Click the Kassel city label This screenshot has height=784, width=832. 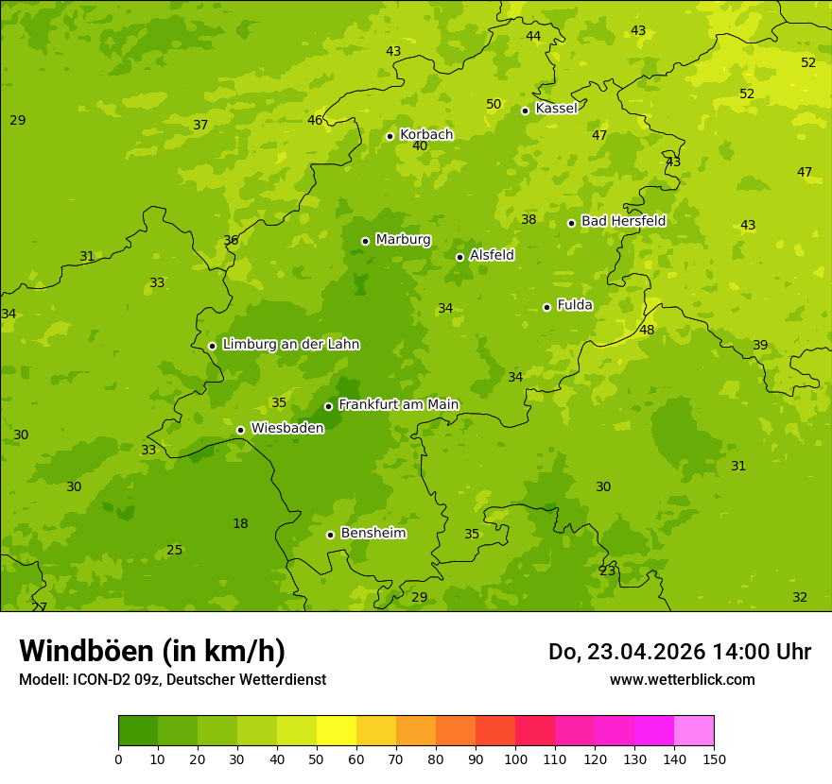pos(556,109)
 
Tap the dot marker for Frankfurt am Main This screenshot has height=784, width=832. pos(329,406)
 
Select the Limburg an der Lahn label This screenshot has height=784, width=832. pos(290,345)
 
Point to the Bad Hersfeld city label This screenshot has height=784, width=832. pos(623,221)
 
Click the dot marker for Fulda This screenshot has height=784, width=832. pos(546,307)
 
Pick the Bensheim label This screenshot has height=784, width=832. pos(373,534)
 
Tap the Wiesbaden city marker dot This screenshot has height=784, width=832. pos(241,430)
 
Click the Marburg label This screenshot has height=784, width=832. pos(403,240)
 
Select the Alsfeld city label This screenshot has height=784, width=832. pos(492,255)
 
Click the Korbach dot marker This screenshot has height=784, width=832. pos(390,136)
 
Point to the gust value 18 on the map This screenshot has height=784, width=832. pos(240,524)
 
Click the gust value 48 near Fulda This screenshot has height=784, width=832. pos(647,330)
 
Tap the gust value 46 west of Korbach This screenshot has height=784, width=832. pos(315,120)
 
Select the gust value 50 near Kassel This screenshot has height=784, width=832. pos(494,105)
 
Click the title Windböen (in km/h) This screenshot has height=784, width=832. pos(152,651)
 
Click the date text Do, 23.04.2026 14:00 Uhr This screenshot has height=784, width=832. pos(679,652)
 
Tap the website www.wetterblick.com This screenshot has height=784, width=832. pos(682,679)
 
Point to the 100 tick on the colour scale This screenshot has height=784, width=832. pos(515,758)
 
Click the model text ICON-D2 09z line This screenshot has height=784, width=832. pos(172,679)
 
